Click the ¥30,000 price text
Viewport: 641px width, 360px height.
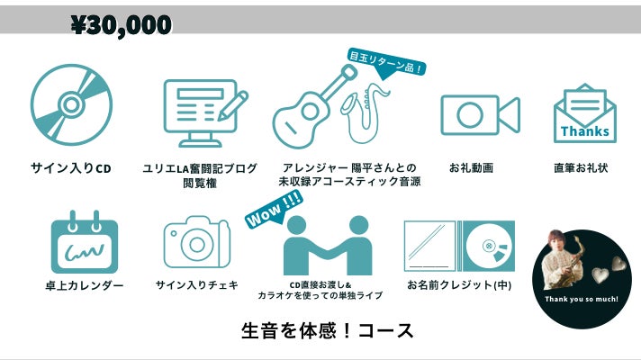click(x=121, y=25)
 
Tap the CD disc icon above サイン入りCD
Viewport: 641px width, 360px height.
click(x=72, y=104)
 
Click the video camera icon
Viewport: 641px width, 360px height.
click(x=480, y=115)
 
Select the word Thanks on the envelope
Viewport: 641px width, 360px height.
click(x=584, y=131)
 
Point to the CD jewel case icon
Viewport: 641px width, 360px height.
click(x=459, y=247)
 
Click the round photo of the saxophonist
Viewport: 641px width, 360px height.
click(x=582, y=270)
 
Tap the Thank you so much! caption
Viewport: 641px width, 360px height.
click(x=582, y=298)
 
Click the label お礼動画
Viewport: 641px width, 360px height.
click(x=471, y=168)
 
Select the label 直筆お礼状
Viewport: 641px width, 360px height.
click(x=581, y=168)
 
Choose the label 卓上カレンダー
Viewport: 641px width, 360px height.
click(x=85, y=286)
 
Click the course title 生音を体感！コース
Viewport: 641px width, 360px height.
click(x=328, y=330)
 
